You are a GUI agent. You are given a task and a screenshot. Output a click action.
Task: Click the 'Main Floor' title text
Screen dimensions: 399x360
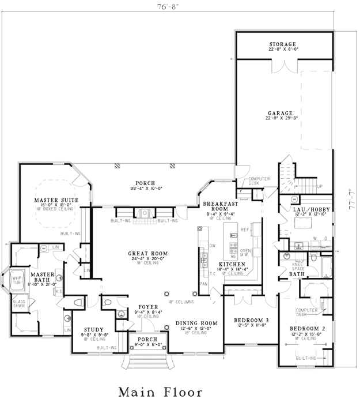[x=160, y=392]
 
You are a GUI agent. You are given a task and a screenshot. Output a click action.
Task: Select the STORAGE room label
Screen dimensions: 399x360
[x=282, y=44]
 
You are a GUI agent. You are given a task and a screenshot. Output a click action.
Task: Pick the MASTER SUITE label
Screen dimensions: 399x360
[x=55, y=200]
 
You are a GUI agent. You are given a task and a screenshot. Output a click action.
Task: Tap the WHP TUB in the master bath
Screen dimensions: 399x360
[x=17, y=281]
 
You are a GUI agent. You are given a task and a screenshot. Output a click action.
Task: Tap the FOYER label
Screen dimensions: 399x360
[x=148, y=307]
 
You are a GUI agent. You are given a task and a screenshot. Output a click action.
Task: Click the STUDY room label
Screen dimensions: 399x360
[x=93, y=330]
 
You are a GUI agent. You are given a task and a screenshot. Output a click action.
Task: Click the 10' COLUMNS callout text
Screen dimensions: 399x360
[x=180, y=302]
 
